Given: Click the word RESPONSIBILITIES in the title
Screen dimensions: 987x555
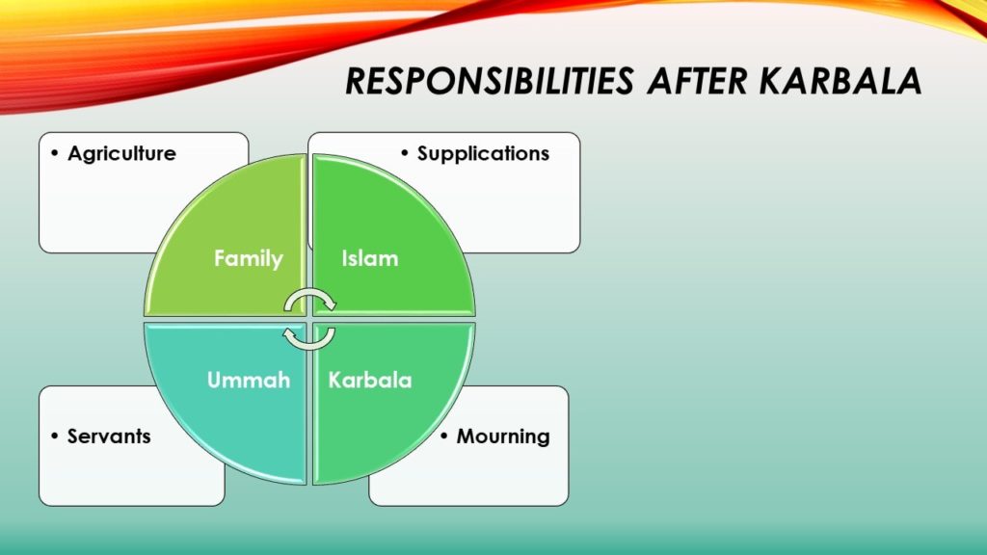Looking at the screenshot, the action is pos(489,81).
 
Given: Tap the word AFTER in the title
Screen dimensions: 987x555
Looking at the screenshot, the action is pos(698,81).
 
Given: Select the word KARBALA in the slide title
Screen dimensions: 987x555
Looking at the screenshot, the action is pos(840,81).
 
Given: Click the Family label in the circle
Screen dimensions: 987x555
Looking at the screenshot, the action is pos(249,258).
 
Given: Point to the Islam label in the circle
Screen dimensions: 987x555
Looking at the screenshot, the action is pos(370,258).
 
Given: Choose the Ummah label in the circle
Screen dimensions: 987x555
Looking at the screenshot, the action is pos(249,380).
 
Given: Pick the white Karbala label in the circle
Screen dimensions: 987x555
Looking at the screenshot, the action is pos(370,380).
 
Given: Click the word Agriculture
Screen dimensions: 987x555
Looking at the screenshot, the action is pos(122,154).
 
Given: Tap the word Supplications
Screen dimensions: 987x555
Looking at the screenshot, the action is pos(484,154).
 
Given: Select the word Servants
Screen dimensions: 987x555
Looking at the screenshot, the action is pos(109,436).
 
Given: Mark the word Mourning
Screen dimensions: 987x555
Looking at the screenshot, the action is pos(503,436).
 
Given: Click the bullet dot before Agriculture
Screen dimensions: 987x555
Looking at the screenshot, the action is pos(55,153).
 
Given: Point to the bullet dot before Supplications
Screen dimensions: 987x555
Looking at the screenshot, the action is pos(405,153).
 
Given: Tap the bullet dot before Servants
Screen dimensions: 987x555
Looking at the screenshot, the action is pos(55,436).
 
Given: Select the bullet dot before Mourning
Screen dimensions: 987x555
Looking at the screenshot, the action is pos(443,436).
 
